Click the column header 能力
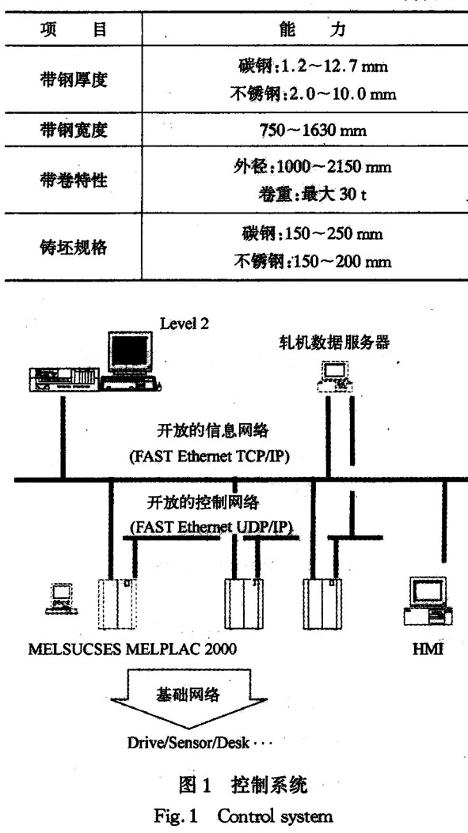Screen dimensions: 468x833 tap(313, 30)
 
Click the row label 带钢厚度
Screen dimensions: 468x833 tap(74, 80)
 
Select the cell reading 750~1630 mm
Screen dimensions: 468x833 tap(314, 131)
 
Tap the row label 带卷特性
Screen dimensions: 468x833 tap(74, 180)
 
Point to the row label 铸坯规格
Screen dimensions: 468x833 tap(74, 247)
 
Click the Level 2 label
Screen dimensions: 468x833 tap(185, 324)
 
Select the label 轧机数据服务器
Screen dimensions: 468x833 tap(334, 343)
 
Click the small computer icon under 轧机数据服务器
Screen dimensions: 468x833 tap(335, 377)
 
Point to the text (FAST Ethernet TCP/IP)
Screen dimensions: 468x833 tap(210, 456)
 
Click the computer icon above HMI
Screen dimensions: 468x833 tap(428, 601)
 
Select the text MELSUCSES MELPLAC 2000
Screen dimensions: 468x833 tap(132, 649)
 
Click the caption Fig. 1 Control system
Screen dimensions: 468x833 tap(244, 816)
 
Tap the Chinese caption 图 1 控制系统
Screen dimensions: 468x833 tap(243, 786)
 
